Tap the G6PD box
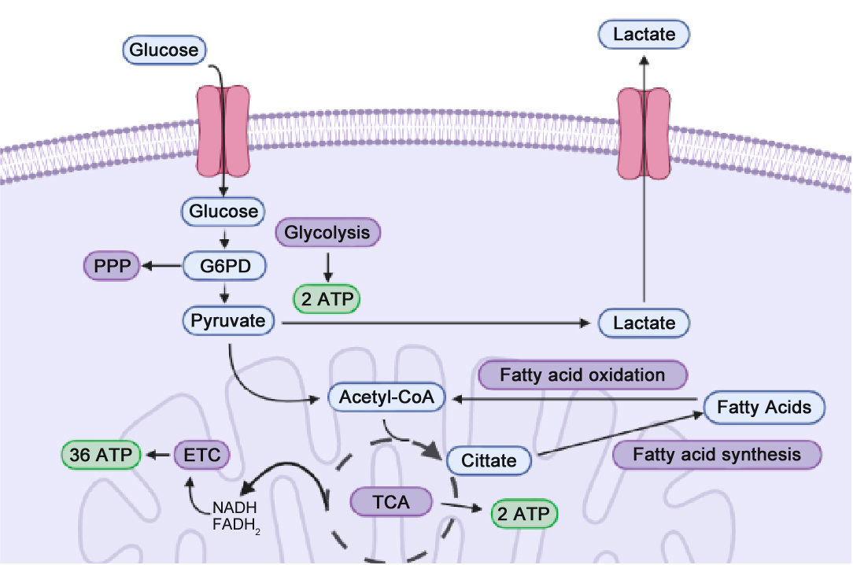point(224,267)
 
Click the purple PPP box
point(111,267)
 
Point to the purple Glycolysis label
point(327,233)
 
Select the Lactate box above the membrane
point(644,34)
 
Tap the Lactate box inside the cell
point(644,323)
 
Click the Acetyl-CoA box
point(386,397)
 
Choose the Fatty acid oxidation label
point(582,375)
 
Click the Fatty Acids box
point(764,408)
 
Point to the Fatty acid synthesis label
point(716,454)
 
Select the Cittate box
point(489,460)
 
